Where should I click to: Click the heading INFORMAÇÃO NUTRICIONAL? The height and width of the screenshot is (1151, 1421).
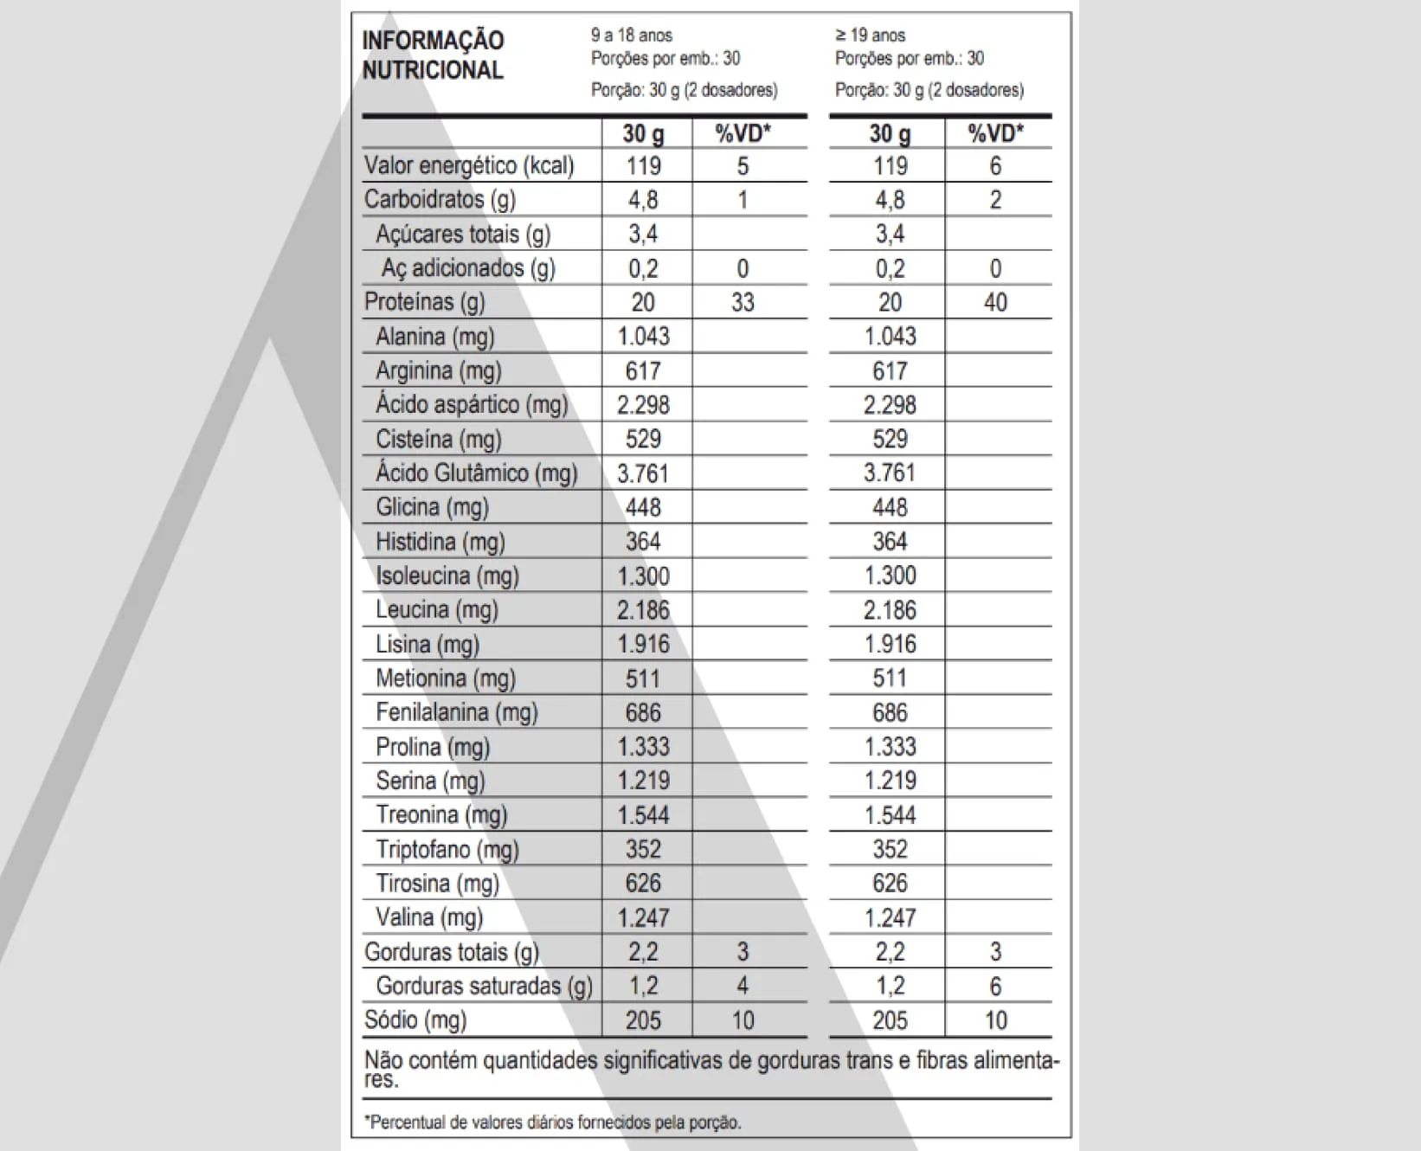tap(433, 55)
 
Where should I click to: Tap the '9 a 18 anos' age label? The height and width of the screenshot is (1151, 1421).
tap(631, 35)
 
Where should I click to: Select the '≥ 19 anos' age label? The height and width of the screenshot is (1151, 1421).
tap(870, 35)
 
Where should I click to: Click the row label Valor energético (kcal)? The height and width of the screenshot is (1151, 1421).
tap(468, 165)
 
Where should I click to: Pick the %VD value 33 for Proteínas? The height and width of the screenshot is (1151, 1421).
tap(742, 302)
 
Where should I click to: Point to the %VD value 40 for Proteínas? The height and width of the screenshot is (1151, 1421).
tap(994, 302)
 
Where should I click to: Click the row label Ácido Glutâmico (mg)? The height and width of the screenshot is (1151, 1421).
tap(476, 473)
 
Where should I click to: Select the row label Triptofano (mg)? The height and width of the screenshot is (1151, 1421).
tap(447, 849)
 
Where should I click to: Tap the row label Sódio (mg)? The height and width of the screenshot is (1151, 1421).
tap(415, 1019)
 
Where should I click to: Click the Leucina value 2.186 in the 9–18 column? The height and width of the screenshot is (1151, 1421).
tap(643, 610)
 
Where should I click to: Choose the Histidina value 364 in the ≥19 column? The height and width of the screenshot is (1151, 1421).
tap(889, 542)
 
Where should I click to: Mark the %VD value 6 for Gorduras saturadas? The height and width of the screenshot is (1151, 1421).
tap(994, 986)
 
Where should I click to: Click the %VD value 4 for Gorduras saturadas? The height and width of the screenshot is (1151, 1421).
tap(742, 986)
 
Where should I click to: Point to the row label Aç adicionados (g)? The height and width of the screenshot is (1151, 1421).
tap(468, 268)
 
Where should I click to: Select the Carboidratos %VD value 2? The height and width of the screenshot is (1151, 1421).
tap(994, 200)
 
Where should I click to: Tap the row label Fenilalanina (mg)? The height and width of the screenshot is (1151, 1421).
tap(456, 712)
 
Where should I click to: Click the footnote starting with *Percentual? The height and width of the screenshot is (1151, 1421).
tap(552, 1122)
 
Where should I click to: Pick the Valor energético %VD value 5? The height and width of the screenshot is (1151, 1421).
tap(742, 165)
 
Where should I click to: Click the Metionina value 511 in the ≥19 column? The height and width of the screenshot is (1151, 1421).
tap(889, 678)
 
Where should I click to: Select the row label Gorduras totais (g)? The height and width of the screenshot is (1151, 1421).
tap(451, 952)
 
